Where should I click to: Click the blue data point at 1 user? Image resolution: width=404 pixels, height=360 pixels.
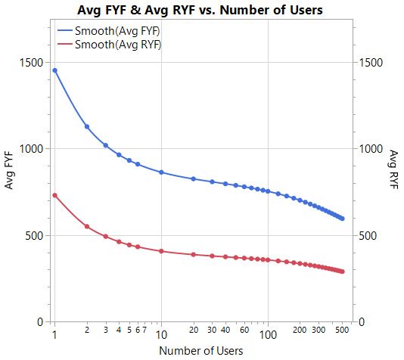54,70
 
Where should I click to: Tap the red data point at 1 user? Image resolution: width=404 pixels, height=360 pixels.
54,195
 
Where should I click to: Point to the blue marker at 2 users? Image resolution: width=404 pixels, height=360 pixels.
87,127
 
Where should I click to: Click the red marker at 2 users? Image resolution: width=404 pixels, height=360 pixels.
87,226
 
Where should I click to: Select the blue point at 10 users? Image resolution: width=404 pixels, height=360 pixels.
161,172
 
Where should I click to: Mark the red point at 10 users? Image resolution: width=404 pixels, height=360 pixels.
161,250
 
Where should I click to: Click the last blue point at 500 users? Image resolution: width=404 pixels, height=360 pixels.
342,219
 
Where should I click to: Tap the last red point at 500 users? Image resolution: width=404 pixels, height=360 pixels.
342,272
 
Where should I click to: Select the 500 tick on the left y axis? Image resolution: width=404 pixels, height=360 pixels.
35,235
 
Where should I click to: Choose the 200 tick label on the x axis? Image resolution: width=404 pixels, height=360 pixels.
300,331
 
